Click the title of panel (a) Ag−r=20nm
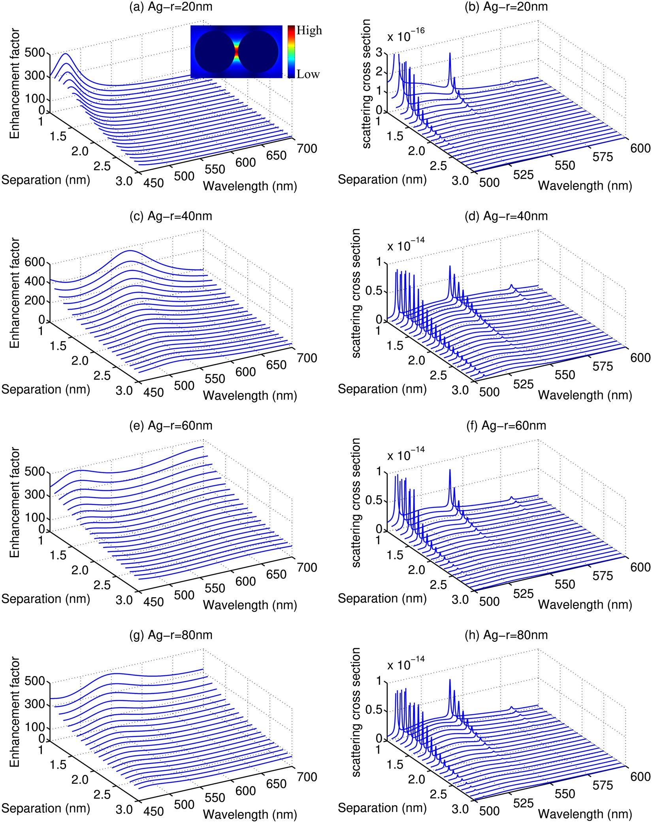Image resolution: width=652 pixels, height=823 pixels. tap(171, 7)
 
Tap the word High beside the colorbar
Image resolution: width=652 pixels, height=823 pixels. tap(309, 30)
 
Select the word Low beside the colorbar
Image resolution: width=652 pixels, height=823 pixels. tap(308, 74)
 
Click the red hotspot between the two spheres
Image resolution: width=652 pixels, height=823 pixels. tap(236, 51)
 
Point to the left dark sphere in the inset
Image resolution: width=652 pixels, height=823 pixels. tap(214, 52)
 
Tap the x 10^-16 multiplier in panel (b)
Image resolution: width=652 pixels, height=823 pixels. tap(405, 35)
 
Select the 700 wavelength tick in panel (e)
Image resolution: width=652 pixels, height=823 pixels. tap(307, 567)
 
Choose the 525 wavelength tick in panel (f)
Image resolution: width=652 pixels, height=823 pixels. tap(523, 594)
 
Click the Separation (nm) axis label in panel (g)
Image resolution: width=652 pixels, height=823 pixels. tap(46, 808)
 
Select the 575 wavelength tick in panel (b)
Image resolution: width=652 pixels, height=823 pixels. tap(602, 157)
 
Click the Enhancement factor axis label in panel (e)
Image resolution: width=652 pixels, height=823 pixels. tap(15, 502)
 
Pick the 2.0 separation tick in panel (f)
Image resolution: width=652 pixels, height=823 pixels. tap(416, 569)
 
